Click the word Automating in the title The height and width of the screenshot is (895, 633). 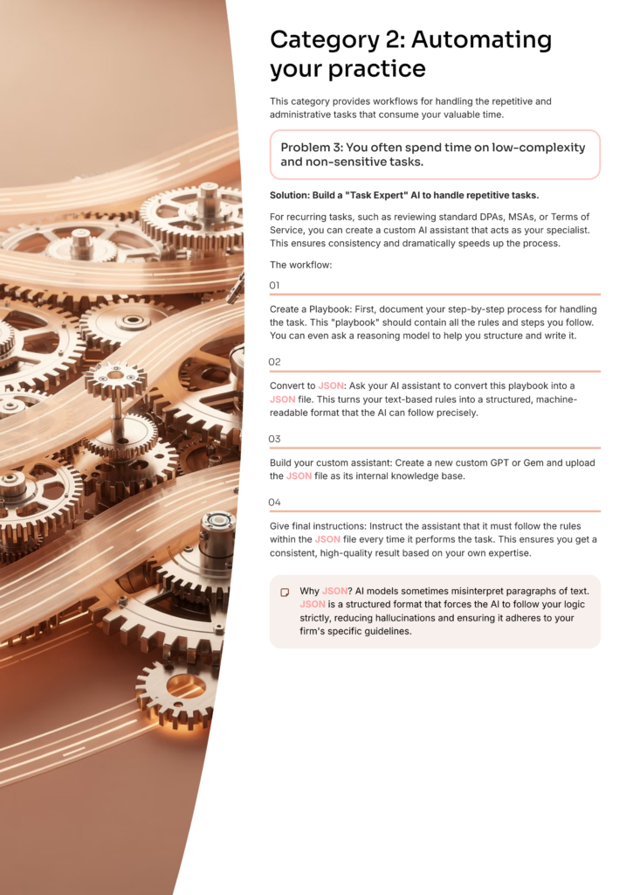point(481,41)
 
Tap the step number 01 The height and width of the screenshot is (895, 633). point(274,286)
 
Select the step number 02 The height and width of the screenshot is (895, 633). point(274,362)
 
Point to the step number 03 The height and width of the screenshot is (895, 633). point(274,439)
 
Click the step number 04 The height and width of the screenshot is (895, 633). point(274,503)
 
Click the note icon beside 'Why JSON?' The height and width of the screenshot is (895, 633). point(285,593)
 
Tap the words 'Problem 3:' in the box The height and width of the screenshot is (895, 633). point(311,147)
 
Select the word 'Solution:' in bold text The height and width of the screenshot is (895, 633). point(290,195)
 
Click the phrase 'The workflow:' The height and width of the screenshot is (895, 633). point(300,265)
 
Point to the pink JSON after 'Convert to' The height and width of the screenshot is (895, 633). point(331,385)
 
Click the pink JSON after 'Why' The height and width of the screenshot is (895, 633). point(334,592)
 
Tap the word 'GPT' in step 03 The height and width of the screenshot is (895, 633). point(499,463)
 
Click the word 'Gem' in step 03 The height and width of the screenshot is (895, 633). point(533,463)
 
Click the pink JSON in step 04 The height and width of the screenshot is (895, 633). point(327,539)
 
